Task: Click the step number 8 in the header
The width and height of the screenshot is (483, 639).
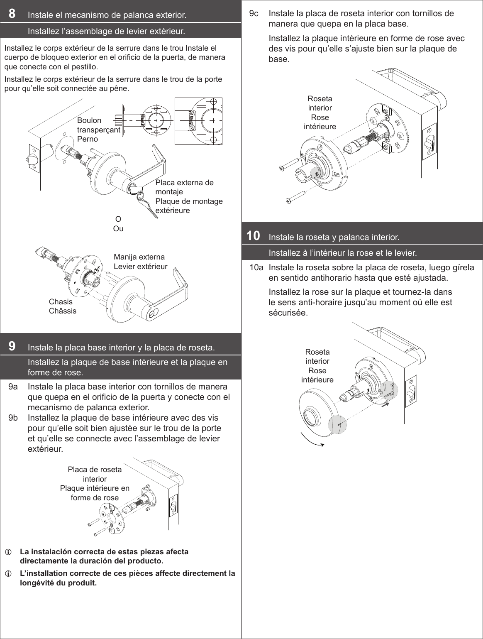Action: pyautogui.click(x=12, y=14)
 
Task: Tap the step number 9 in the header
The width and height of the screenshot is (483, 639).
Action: pyautogui.click(x=12, y=346)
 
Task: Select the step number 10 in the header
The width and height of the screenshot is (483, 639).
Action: pyautogui.click(x=253, y=236)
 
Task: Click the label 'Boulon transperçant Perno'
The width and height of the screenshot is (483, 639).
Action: pyautogui.click(x=98, y=130)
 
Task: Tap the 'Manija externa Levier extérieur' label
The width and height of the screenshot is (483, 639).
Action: pyautogui.click(x=140, y=262)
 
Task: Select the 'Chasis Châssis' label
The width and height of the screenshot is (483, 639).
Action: pyautogui.click(x=62, y=306)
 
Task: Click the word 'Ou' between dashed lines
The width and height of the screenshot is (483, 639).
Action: pyautogui.click(x=118, y=229)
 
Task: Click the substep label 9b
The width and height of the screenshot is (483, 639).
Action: pyautogui.click(x=13, y=418)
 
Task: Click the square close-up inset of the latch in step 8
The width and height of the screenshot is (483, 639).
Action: pyautogui.click(x=198, y=121)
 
